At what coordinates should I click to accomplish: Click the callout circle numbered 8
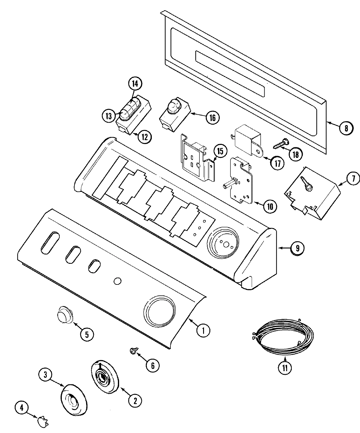(346, 128)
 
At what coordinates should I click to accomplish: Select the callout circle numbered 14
(135, 84)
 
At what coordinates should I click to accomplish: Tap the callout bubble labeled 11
(285, 368)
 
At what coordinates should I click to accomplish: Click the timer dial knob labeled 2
(104, 376)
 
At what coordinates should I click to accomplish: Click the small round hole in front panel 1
(118, 281)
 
